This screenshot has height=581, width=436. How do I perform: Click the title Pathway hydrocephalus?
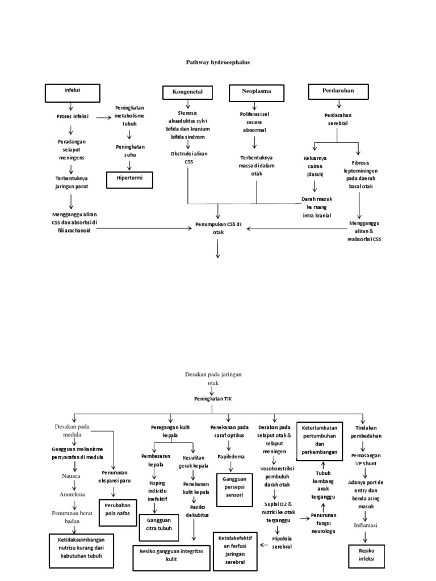(x=218, y=62)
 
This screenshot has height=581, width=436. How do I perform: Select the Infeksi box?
(x=72, y=91)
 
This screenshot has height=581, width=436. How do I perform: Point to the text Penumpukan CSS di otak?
(x=219, y=228)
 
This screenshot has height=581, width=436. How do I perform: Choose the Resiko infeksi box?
(x=366, y=554)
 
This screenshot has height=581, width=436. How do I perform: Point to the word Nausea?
(x=71, y=476)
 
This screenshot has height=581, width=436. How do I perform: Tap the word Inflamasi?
(x=366, y=524)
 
